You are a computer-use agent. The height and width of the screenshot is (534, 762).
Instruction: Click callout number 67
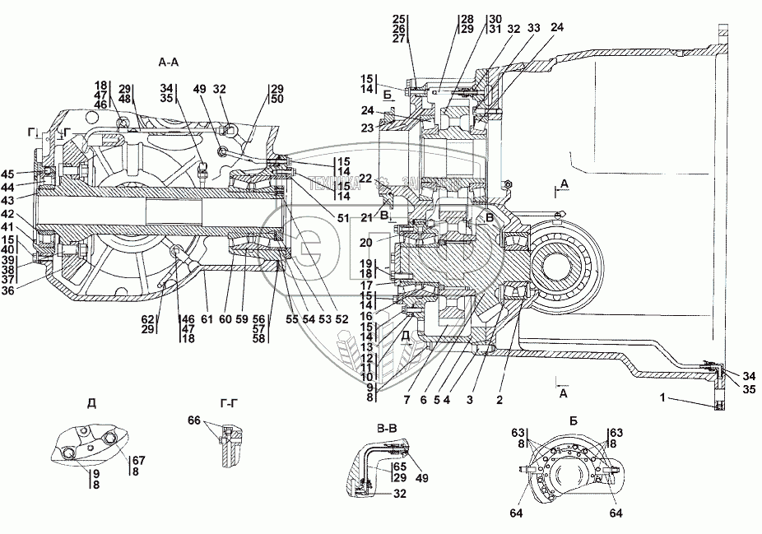pos(137,459)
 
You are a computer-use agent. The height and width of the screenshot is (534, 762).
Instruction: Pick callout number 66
pos(193,421)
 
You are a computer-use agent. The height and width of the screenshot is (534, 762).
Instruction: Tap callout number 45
pos(31,174)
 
